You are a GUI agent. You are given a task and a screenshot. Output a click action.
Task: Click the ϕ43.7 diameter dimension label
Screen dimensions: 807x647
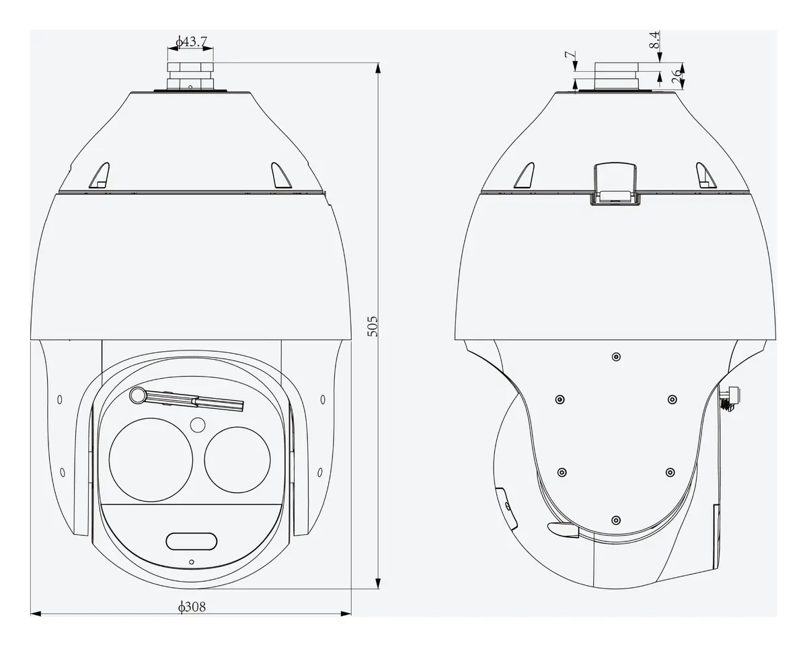(191, 42)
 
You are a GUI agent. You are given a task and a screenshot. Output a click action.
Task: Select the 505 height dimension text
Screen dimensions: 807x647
(373, 326)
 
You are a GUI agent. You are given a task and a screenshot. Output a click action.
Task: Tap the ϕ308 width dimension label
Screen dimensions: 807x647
(192, 607)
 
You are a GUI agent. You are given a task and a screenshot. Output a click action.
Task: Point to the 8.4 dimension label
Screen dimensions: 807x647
(654, 40)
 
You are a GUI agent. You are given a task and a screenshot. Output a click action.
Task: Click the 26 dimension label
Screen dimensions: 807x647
(676, 76)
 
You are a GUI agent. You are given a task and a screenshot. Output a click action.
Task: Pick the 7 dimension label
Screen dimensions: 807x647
(570, 55)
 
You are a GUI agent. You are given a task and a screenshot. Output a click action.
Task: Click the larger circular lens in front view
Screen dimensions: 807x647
(151, 460)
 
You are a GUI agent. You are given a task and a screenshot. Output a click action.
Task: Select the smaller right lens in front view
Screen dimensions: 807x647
(237, 460)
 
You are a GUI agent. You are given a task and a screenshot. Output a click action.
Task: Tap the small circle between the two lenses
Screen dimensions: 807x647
(198, 425)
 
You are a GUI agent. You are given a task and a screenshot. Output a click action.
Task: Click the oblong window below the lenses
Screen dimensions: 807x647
(192, 541)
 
